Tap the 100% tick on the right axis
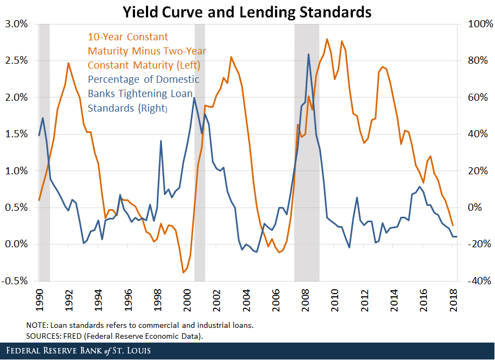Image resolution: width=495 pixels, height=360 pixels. tap(472, 24)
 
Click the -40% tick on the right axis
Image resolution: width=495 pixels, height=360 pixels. tap(472, 281)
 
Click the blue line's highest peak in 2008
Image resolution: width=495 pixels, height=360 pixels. tap(309, 54)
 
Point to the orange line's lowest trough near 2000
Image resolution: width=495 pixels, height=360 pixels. tap(184, 272)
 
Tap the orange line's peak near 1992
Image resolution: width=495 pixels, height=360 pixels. tap(69, 63)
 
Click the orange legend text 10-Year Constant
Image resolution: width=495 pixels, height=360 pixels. tap(128, 37)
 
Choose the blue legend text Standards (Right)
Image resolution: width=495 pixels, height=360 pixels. tap(127, 108)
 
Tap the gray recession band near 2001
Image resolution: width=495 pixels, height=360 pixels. tap(199, 152)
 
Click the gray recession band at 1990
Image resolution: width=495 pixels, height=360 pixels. tap(44, 152)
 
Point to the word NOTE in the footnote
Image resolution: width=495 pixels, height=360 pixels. tap(36, 325)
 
